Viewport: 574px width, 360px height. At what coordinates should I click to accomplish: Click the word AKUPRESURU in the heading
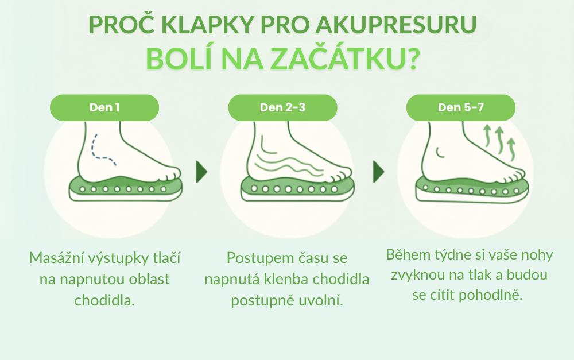(396, 25)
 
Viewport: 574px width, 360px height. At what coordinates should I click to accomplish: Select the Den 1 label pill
(104, 108)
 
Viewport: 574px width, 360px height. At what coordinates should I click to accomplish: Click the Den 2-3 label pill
(282, 108)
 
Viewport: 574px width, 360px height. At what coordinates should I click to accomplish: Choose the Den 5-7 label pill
(461, 108)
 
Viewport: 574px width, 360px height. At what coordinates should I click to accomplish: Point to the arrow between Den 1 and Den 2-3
(201, 172)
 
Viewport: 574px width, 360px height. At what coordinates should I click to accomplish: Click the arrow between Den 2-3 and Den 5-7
(378, 172)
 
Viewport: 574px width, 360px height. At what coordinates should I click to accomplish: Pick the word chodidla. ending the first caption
(104, 300)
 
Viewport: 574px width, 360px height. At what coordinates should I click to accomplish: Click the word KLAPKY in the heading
(208, 25)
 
